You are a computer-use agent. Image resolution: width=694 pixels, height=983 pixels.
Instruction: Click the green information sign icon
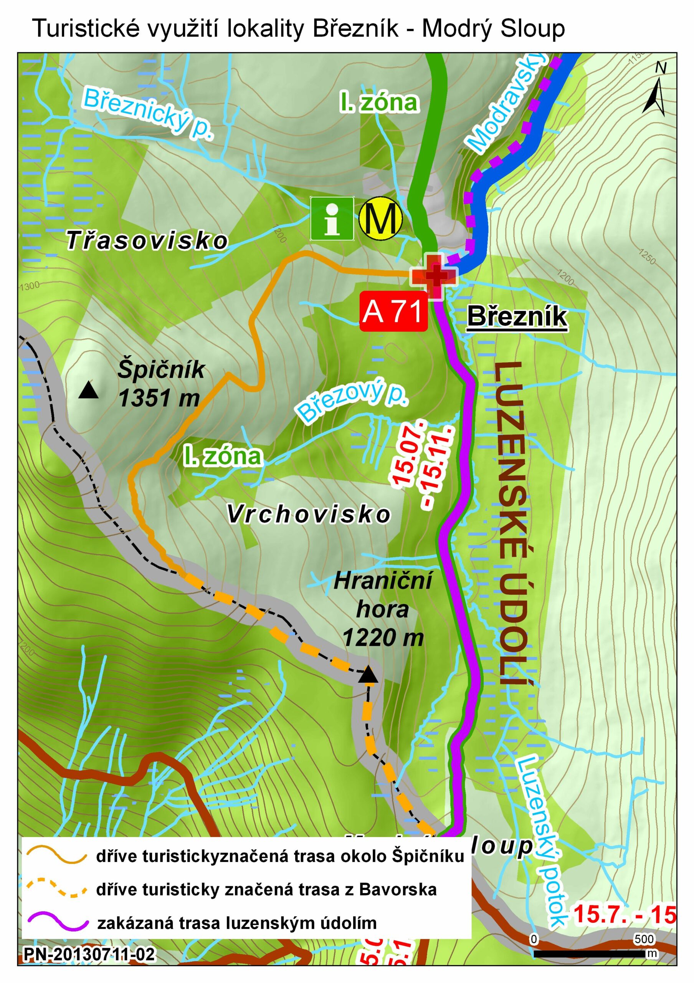coord(332,218)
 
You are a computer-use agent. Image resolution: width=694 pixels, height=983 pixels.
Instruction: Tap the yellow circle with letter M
coord(380,218)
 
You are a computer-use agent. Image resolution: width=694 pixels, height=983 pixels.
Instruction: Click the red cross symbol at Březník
coord(434,276)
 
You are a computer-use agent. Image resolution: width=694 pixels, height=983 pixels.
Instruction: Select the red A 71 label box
coord(393,312)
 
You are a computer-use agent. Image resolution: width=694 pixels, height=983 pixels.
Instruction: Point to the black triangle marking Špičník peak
coord(89,390)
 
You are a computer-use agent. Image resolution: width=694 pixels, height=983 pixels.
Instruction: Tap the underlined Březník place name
coord(517,317)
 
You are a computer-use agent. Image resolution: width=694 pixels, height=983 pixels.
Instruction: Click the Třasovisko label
coord(147,241)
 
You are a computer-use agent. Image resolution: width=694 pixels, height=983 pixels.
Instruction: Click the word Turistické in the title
coord(86,29)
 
